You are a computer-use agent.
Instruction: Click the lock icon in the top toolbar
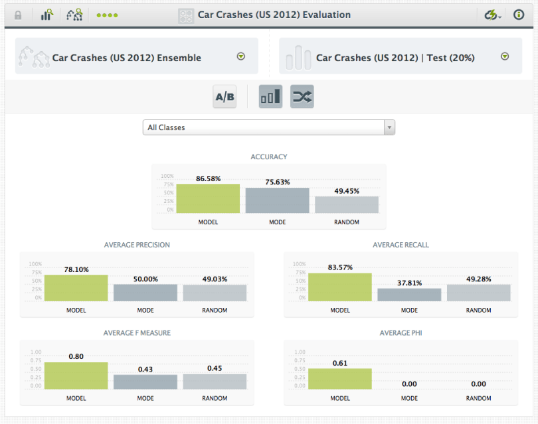pyautogui.click(x=18, y=15)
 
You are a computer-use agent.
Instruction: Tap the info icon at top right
pyautogui.click(x=519, y=15)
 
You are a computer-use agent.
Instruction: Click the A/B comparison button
pyautogui.click(x=224, y=97)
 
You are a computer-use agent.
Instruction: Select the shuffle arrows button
pyautogui.click(x=302, y=97)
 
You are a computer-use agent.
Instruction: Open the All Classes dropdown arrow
pyautogui.click(x=389, y=127)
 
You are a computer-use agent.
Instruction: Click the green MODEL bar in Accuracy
pyautogui.click(x=208, y=198)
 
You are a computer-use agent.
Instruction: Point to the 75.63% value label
pyautogui.click(x=277, y=182)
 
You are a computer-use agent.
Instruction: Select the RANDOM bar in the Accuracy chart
pyautogui.click(x=347, y=204)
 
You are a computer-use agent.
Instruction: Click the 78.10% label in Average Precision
pyautogui.click(x=77, y=269)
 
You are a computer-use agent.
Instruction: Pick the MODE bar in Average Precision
pyautogui.click(x=145, y=293)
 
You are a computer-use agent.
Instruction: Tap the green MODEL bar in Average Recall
pyautogui.click(x=340, y=287)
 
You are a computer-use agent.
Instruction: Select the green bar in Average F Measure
pyautogui.click(x=76, y=376)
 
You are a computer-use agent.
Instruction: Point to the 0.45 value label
pyautogui.click(x=215, y=368)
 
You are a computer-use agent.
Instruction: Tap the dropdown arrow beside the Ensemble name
pyautogui.click(x=241, y=57)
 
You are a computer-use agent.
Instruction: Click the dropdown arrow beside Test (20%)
pyautogui.click(x=505, y=57)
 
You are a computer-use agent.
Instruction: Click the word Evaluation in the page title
pyautogui.click(x=326, y=15)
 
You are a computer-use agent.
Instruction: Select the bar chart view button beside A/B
pyautogui.click(x=270, y=97)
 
